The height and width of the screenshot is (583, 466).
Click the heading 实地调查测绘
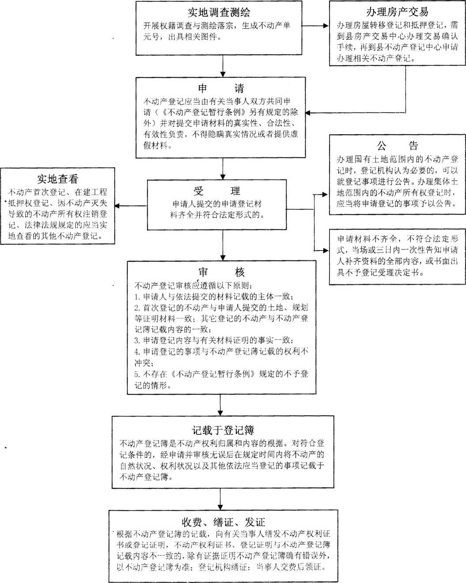point(219,12)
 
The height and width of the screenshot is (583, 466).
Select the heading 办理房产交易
point(397,11)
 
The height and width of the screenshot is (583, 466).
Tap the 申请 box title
point(220,88)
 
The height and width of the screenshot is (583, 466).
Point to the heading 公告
point(397,145)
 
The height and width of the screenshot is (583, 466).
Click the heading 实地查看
point(57,178)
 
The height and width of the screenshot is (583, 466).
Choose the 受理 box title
point(216,191)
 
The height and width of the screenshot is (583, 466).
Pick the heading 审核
point(221,272)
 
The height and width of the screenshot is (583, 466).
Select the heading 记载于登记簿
point(223,430)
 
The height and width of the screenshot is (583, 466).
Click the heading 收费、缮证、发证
point(223,522)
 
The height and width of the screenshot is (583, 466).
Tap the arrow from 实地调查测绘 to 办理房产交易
point(315,26)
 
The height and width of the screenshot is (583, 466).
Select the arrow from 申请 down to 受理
point(223,168)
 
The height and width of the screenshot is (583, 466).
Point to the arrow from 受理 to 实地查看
point(131,206)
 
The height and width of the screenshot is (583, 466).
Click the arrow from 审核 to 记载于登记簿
point(220,405)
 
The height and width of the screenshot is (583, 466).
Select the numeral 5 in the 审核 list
point(137,374)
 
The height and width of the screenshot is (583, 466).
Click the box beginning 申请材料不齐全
point(397,256)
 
